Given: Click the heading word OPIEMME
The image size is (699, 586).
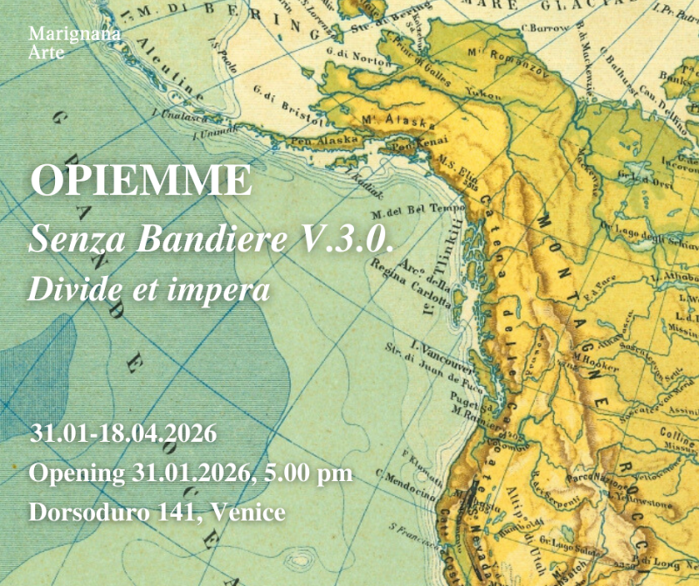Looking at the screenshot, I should [141, 182].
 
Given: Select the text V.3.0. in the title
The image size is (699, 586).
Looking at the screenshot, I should [352, 238].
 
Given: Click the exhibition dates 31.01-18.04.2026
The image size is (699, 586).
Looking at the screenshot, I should [123, 433].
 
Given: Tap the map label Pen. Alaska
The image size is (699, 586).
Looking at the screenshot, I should [324, 140].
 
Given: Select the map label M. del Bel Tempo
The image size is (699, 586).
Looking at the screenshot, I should [406, 210].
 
